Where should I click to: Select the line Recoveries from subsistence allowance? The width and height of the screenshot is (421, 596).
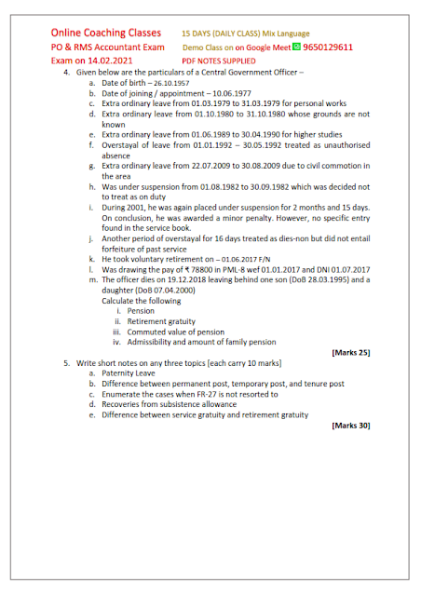[176, 404]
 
